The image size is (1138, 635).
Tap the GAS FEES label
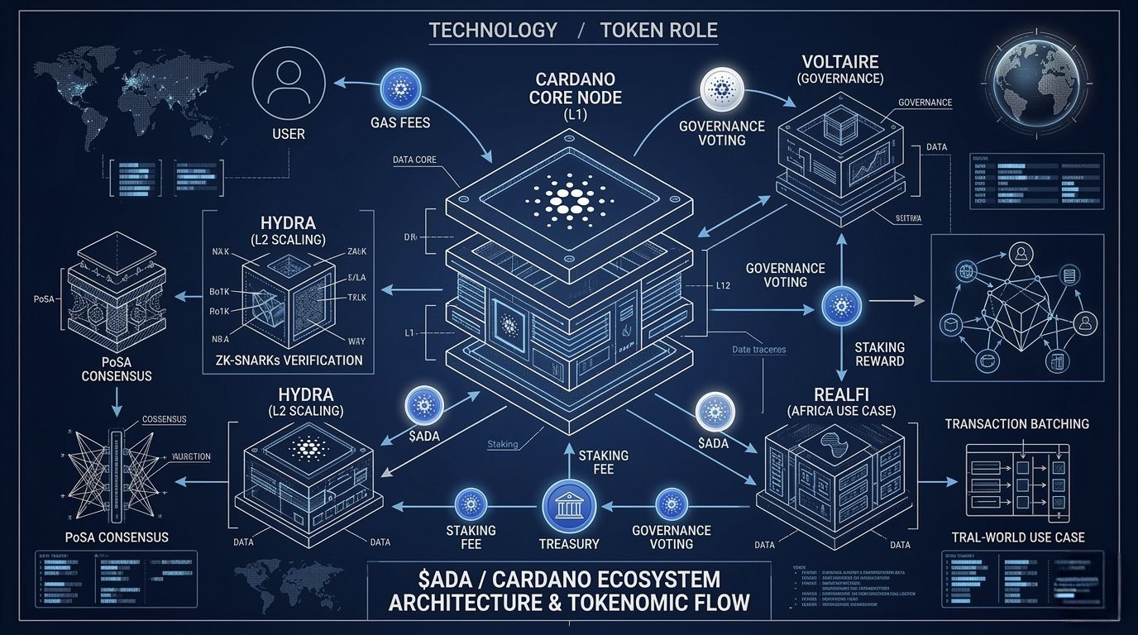tap(400, 122)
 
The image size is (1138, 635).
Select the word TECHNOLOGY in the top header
tap(493, 31)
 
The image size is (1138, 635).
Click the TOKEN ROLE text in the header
tap(658, 31)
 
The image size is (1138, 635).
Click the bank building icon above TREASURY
tap(569, 506)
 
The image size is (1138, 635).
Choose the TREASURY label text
tap(569, 544)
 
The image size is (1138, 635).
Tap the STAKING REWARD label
tap(879, 354)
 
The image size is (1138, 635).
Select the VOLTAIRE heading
tap(839, 62)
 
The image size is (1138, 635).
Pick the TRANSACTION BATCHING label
tap(1017, 423)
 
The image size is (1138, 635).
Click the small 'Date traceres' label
tap(758, 350)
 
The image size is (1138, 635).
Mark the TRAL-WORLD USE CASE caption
tap(1018, 537)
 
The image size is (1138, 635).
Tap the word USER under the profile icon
tap(287, 133)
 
